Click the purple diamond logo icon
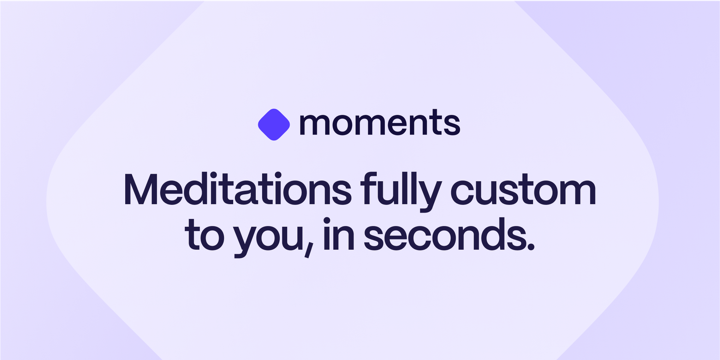click(x=274, y=124)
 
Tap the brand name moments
click(x=380, y=123)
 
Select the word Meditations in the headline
click(x=238, y=189)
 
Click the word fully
click(x=400, y=191)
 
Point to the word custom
click(x=523, y=190)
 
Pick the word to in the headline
click(x=204, y=234)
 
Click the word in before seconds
click(x=339, y=234)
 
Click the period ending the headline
click(x=530, y=246)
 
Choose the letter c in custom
click(x=464, y=192)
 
